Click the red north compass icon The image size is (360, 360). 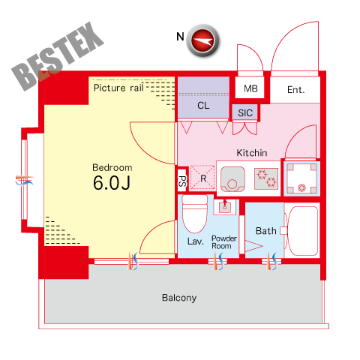click(202, 40)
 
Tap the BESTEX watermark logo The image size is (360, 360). click(58, 56)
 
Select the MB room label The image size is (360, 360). click(250, 88)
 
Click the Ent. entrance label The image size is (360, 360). click(296, 90)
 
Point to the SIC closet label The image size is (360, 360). click(245, 113)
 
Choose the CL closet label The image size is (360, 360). click(203, 106)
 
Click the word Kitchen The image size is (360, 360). click(252, 153)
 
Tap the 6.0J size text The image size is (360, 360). click(112, 183)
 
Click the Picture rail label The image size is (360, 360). click(118, 88)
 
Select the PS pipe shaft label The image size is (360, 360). click(182, 181)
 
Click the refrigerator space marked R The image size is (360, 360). click(202, 178)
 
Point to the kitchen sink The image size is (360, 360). click(232, 179)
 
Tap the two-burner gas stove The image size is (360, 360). click(266, 178)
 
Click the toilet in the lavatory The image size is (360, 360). click(195, 214)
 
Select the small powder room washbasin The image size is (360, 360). click(225, 206)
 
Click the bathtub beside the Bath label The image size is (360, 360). click(301, 231)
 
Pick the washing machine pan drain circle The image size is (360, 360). click(301, 187)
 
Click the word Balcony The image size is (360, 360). click(179, 298)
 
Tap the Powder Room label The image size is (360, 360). click(224, 242)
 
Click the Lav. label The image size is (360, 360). click(196, 241)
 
